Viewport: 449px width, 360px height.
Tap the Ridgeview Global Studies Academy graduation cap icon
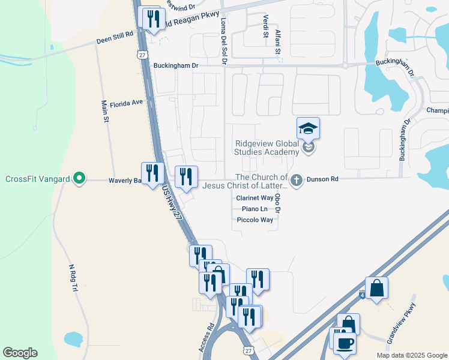click(308, 128)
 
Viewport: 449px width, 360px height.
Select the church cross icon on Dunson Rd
click(295, 179)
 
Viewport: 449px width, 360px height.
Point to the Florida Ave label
click(126, 102)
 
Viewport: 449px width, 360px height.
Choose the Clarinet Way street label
click(255, 197)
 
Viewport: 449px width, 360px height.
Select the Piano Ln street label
click(255, 209)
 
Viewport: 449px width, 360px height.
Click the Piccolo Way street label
click(255, 220)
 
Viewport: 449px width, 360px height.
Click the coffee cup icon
click(345, 343)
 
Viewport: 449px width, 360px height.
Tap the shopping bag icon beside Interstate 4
click(376, 288)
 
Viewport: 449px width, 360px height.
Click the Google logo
click(20, 353)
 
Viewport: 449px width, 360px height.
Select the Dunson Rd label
click(322, 179)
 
